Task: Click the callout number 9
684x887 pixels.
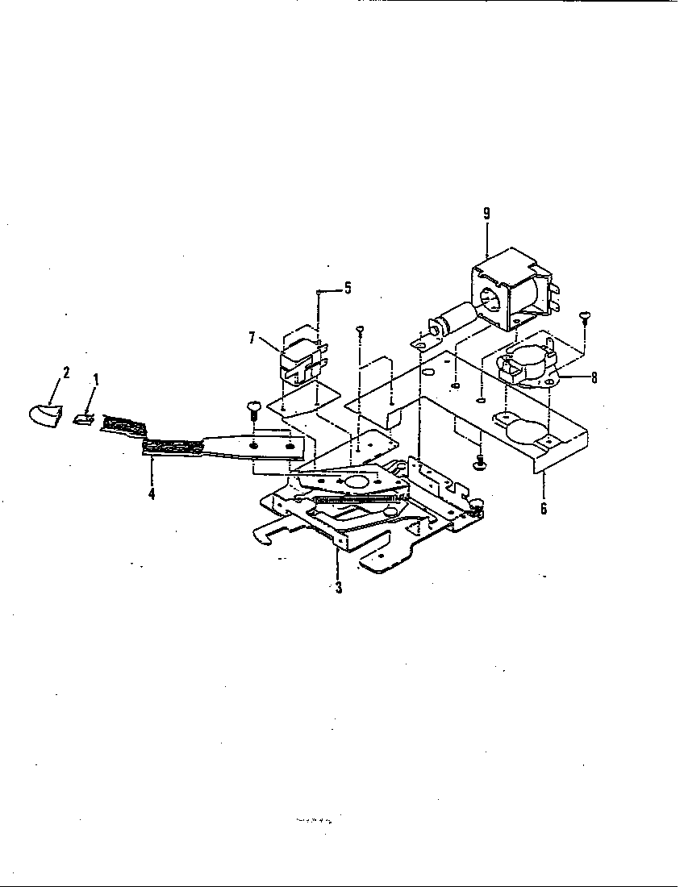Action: coord(486,214)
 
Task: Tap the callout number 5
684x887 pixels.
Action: coord(348,288)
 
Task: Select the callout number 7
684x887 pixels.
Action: coord(252,339)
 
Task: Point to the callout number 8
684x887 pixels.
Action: coord(594,377)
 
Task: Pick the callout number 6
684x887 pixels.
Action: coord(544,509)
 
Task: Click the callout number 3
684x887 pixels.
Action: coord(339,588)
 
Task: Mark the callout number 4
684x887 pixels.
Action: coord(152,493)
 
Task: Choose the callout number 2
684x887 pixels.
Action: coord(66,373)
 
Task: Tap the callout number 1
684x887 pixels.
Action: coord(96,378)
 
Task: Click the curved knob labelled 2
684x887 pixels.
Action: coord(42,415)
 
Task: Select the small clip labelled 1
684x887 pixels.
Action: coord(82,418)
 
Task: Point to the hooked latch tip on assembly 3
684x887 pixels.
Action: coord(262,534)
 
